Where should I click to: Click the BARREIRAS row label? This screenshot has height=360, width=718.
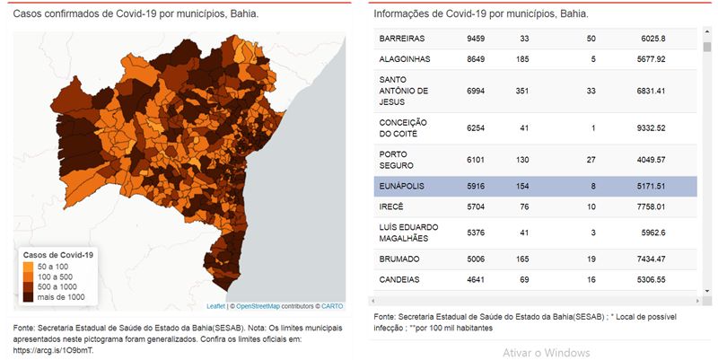pyautogui.click(x=401, y=39)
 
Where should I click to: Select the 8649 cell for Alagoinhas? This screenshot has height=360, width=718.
pyautogui.click(x=476, y=59)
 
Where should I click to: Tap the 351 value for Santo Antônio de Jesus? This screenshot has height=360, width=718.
pyautogui.click(x=522, y=91)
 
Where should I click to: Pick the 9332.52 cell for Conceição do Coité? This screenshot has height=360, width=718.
pyautogui.click(x=651, y=128)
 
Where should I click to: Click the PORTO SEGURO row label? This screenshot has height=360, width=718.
pyautogui.click(x=396, y=160)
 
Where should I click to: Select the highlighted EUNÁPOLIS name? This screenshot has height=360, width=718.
pyautogui.click(x=401, y=187)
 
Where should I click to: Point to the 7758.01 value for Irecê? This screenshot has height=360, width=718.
pyautogui.click(x=651, y=207)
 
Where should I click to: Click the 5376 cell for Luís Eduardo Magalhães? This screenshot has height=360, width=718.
pyautogui.click(x=476, y=233)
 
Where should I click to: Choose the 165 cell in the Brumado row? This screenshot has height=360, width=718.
pyautogui.click(x=522, y=259)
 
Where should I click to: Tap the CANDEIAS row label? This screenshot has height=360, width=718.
pyautogui.click(x=399, y=279)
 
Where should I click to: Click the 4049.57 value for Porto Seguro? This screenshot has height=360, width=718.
pyautogui.click(x=651, y=160)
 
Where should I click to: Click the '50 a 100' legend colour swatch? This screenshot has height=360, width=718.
pyautogui.click(x=29, y=267)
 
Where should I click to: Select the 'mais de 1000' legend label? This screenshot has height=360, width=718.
pyautogui.click(x=61, y=297)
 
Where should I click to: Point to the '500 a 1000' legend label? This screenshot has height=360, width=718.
pyautogui.click(x=57, y=287)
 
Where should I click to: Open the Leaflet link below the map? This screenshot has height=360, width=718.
pyautogui.click(x=215, y=306)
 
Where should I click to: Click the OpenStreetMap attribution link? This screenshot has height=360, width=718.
pyautogui.click(x=258, y=306)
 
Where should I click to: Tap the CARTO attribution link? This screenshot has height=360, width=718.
pyautogui.click(x=332, y=306)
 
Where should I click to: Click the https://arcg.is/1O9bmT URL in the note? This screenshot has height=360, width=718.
pyautogui.click(x=55, y=351)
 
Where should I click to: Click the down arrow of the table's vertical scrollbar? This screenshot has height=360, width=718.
pyautogui.click(x=707, y=290)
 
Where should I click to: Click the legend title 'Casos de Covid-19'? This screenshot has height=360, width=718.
pyautogui.click(x=58, y=255)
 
